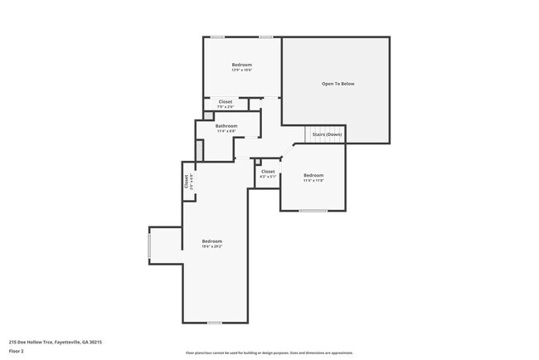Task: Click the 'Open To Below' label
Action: click(337, 84)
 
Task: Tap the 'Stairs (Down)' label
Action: click(325, 134)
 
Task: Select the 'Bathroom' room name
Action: click(226, 126)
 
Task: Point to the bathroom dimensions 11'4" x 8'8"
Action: click(226, 131)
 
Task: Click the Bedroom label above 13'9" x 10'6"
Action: click(241, 65)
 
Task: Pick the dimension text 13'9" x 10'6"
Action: click(241, 70)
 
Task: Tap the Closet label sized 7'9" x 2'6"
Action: click(226, 101)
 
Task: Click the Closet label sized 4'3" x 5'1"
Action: click(267, 171)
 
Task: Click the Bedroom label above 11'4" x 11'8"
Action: click(313, 175)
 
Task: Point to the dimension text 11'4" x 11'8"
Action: click(313, 180)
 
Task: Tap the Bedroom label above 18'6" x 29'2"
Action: click(212, 241)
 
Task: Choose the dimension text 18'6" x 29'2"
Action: click(212, 246)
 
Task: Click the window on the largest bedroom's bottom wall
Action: click(214, 323)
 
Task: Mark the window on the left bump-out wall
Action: click(149, 246)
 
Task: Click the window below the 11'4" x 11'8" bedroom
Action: click(313, 211)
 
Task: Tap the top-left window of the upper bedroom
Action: click(217, 36)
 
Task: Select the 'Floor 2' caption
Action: click(17, 351)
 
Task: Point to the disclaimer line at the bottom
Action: click(269, 353)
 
